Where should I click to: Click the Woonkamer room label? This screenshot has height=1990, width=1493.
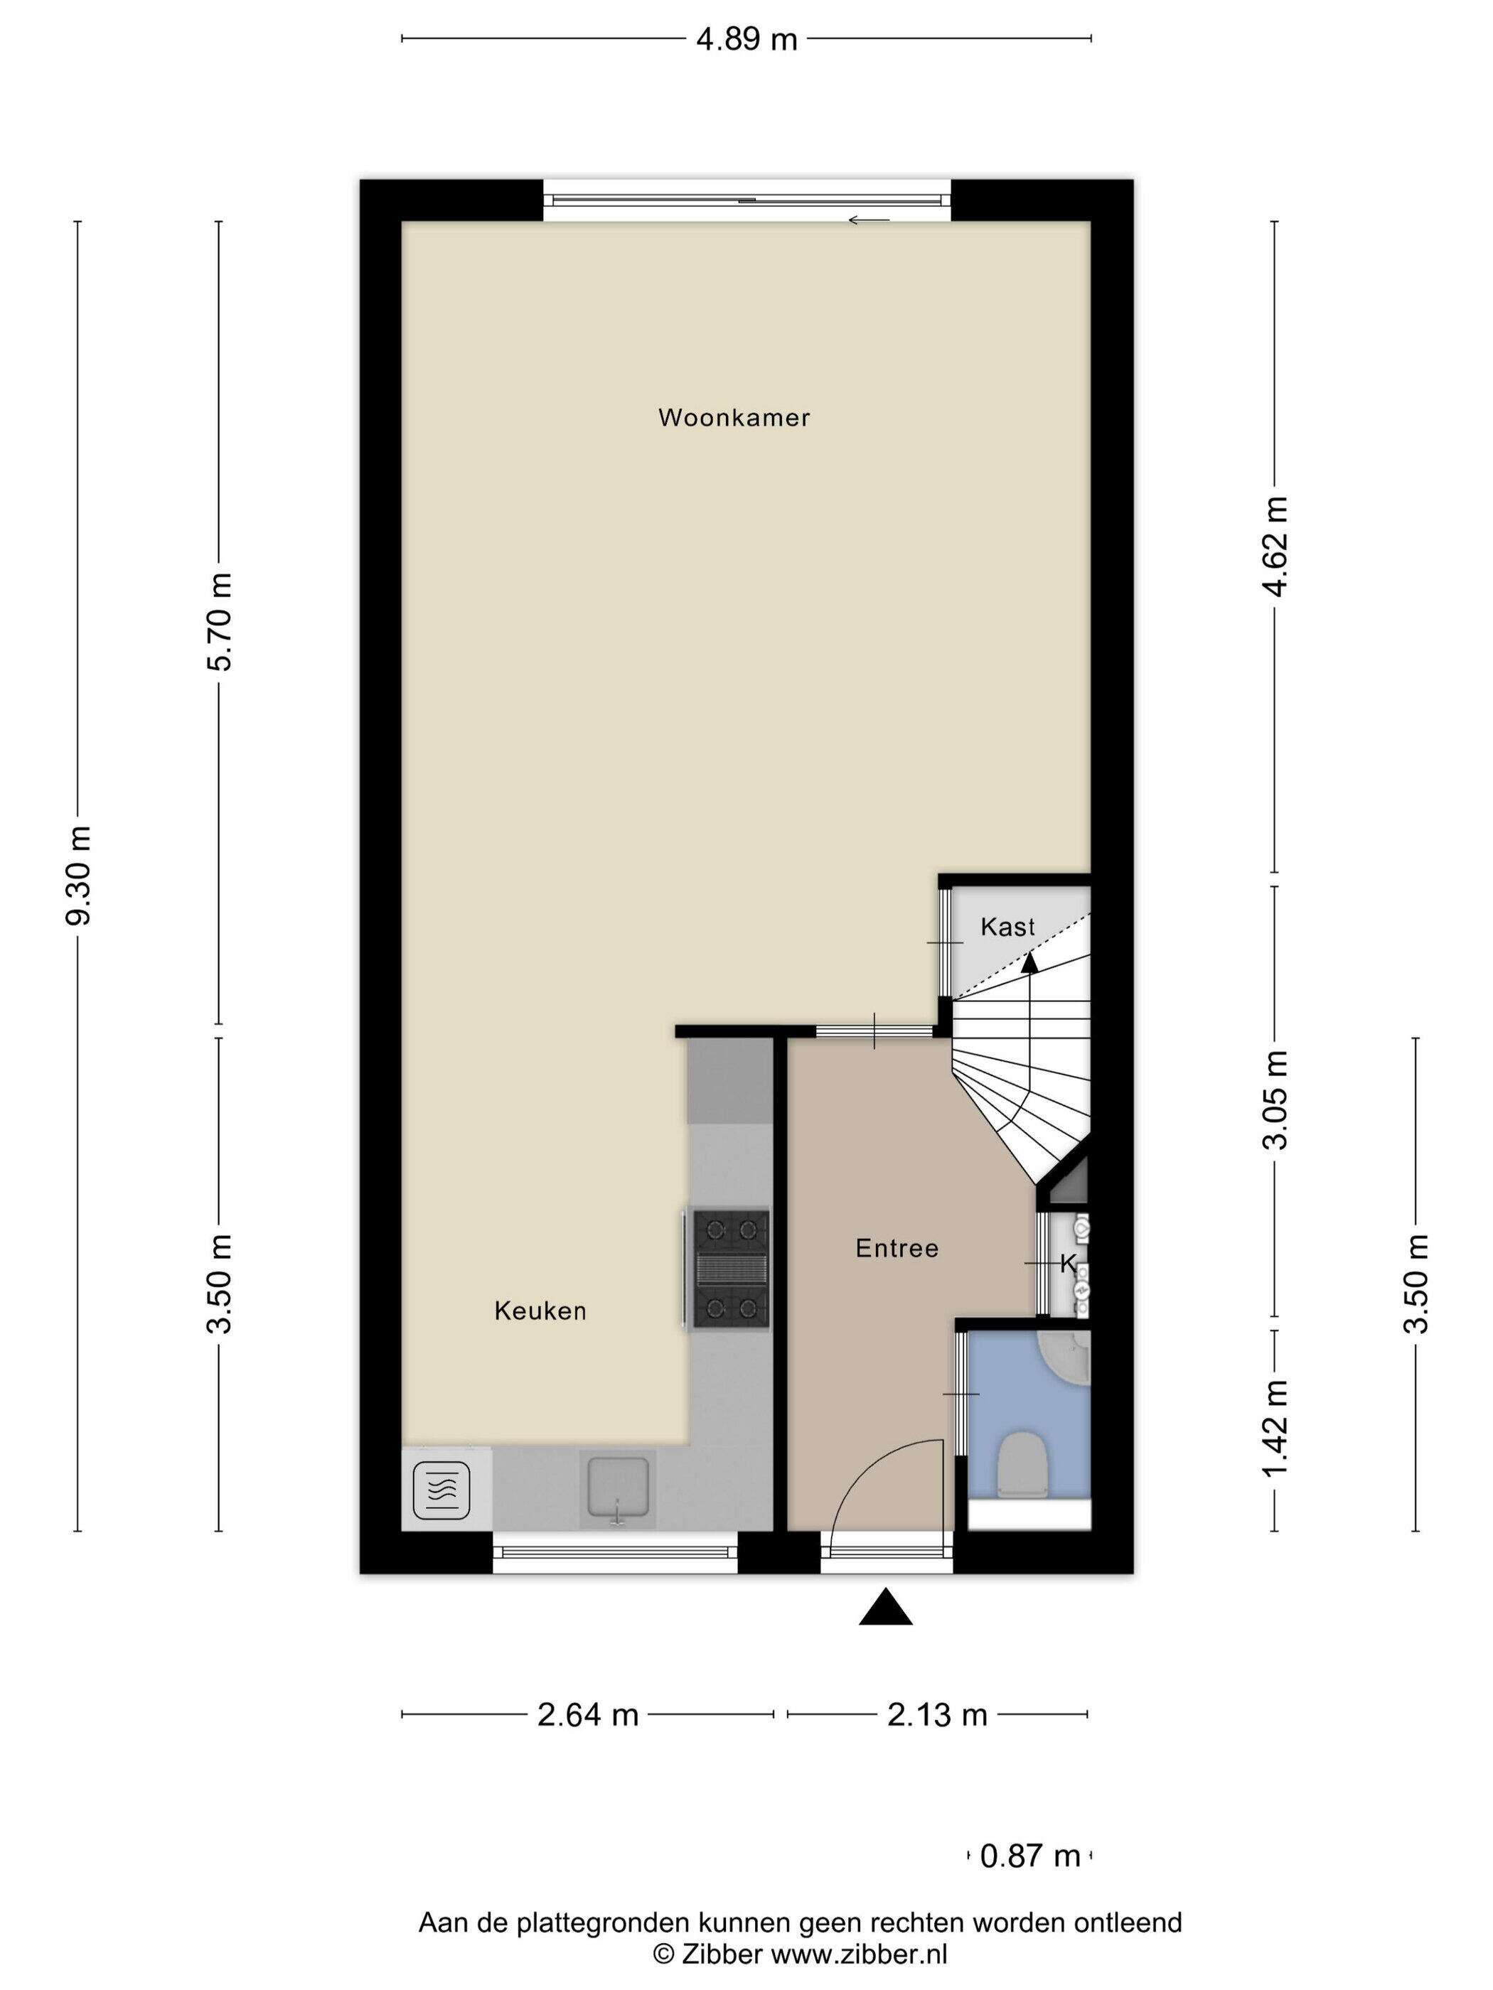734,417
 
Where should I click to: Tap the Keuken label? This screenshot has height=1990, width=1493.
540,1311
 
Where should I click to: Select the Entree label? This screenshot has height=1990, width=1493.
897,1248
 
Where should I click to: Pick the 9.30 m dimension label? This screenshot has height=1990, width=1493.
79,876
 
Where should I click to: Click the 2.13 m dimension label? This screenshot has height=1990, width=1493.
938,1715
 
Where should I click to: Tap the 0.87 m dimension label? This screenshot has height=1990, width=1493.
1030,1856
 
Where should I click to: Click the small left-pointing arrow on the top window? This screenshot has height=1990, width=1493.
869,220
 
